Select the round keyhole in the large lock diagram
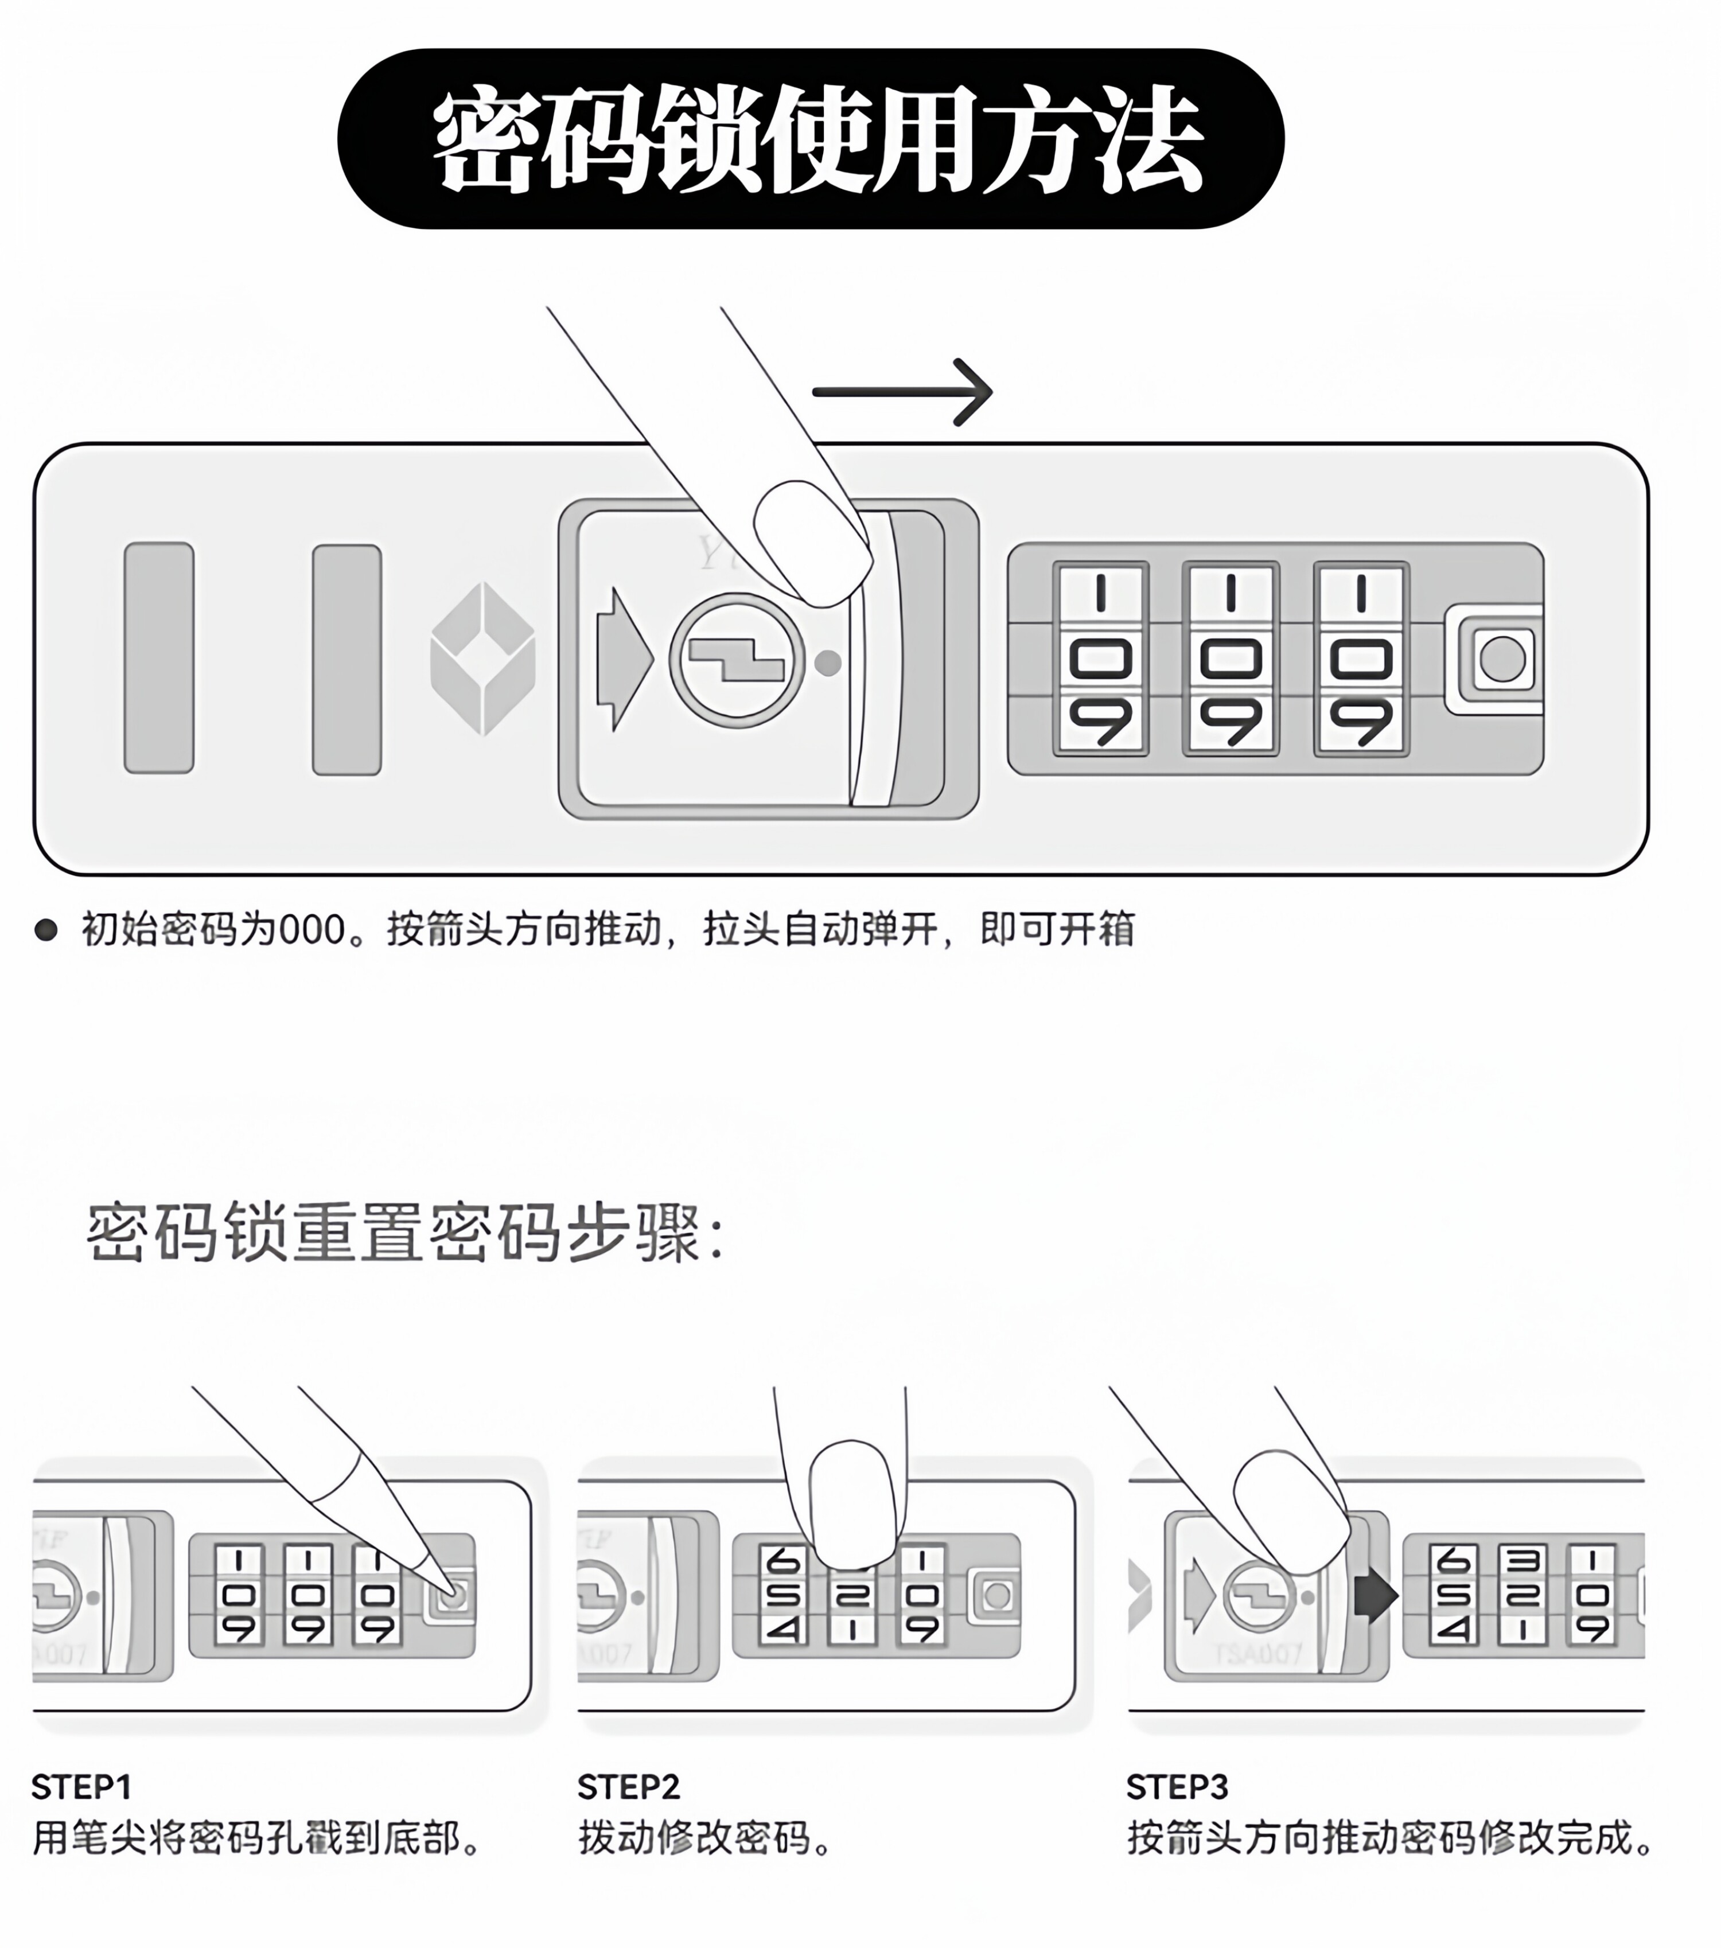737,660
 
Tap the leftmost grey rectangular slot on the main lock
159,657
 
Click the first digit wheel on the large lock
1101,659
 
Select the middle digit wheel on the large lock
1231,659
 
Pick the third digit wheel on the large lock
1361,659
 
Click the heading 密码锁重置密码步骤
405,1232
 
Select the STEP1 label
81,1787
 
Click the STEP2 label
629,1787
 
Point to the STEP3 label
1177,1787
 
